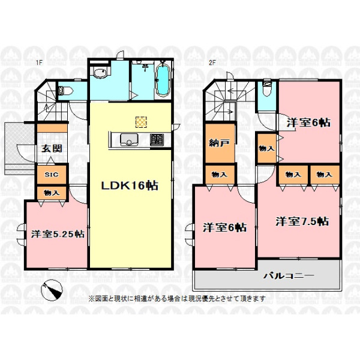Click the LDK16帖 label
pos(130,185)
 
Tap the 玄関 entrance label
pos(52,149)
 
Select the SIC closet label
pos(52,175)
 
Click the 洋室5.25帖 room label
pos(58,234)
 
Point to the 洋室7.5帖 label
pos(302,221)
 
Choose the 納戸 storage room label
pos(219,143)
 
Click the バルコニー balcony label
pos(289,275)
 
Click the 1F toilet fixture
pos(65,91)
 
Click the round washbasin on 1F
pos(100,73)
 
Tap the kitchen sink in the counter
pos(129,139)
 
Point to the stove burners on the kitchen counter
pos(157,139)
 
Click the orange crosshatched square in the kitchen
pos(141,122)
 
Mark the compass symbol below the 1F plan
pos(52,290)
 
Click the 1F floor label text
pos(39,62)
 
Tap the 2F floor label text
pos(212,62)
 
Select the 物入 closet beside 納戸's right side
pos(266,149)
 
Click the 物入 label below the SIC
pos(52,193)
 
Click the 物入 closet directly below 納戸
pos(220,175)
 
